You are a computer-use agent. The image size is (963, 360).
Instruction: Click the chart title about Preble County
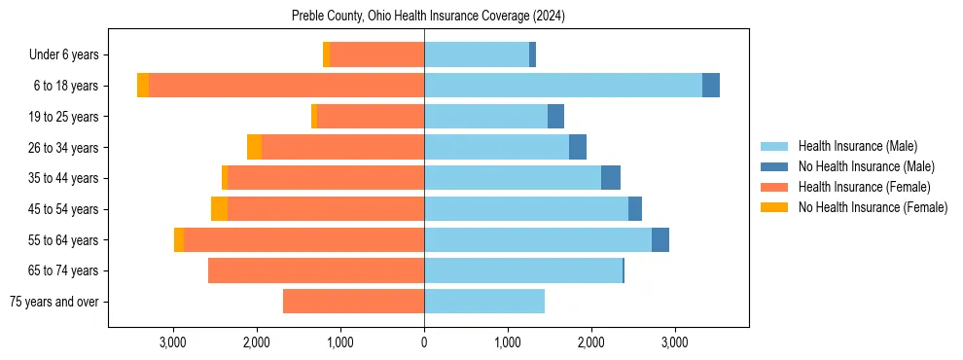click(x=428, y=17)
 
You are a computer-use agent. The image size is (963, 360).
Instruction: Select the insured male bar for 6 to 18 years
click(x=563, y=86)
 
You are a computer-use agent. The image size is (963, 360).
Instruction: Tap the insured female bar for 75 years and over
click(x=353, y=302)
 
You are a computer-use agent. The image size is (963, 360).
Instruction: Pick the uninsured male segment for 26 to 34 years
click(x=578, y=147)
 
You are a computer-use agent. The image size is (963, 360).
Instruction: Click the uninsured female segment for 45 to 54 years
click(x=219, y=209)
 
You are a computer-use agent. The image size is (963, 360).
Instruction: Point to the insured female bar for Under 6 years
click(x=376, y=54)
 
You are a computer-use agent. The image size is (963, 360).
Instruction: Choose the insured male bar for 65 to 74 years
click(x=522, y=270)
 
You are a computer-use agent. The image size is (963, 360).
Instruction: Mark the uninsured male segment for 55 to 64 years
click(x=660, y=240)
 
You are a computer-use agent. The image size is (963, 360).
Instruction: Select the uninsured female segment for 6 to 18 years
click(x=143, y=86)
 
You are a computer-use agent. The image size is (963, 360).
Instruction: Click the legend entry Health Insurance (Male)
click(x=857, y=146)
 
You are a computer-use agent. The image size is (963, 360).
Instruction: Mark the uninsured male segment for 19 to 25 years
click(x=555, y=117)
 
